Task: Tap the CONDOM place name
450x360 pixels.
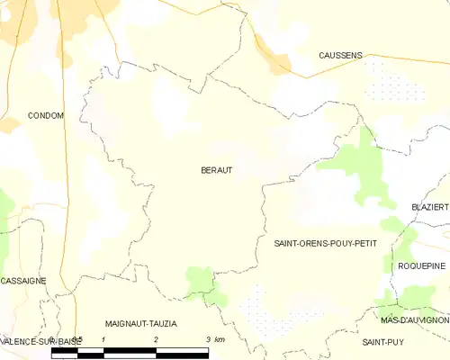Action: (45, 116)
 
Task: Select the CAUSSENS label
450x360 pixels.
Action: (340, 56)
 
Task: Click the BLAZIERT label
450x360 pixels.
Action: (429, 207)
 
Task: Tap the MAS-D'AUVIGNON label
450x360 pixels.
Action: (414, 320)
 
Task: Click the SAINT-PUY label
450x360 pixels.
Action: (381, 343)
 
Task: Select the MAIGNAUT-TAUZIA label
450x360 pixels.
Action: (140, 323)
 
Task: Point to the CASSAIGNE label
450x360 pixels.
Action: (23, 281)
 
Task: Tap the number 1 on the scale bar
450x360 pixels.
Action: (105, 339)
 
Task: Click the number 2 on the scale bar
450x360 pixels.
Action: (157, 339)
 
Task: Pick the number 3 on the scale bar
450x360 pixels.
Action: (208, 339)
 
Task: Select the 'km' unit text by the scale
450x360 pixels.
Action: (220, 339)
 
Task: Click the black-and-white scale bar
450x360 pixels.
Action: (130, 351)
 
